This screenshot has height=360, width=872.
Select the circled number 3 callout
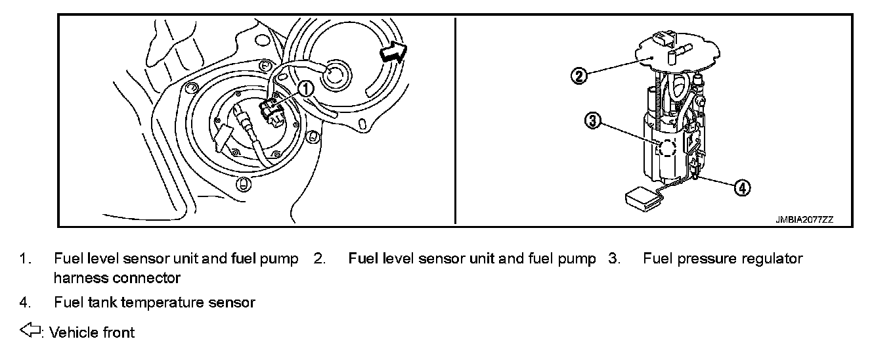[x=592, y=120]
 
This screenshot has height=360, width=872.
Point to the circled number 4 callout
[x=741, y=188]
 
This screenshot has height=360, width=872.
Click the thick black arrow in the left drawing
[x=393, y=53]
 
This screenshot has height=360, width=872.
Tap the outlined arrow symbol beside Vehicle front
[x=30, y=332]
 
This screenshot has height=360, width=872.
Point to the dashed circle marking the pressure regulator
[x=667, y=148]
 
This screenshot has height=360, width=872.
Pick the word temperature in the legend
[x=163, y=302]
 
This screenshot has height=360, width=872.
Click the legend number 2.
[x=318, y=259]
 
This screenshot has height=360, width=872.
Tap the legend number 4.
[x=24, y=302]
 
